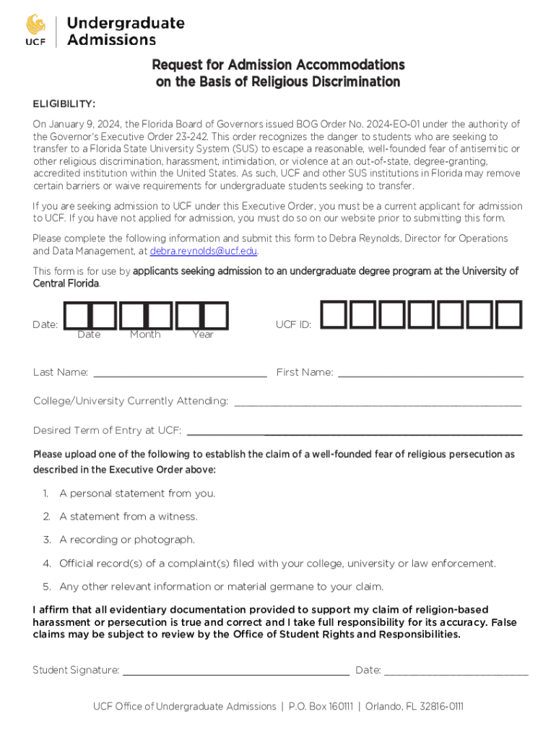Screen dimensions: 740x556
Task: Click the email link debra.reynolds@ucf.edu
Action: click(x=204, y=251)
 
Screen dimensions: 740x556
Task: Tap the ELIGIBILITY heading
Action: click(x=64, y=103)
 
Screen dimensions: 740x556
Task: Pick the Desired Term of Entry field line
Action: click(x=355, y=433)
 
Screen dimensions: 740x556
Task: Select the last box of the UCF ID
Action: click(x=509, y=314)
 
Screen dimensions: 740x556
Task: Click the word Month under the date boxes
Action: click(x=145, y=335)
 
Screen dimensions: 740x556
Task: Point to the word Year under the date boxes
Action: click(x=203, y=335)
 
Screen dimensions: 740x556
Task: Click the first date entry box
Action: click(x=77, y=314)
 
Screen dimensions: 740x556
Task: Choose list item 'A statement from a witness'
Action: click(x=128, y=517)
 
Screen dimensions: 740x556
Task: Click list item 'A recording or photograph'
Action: click(x=126, y=540)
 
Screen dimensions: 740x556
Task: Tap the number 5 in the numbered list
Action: click(x=46, y=586)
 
